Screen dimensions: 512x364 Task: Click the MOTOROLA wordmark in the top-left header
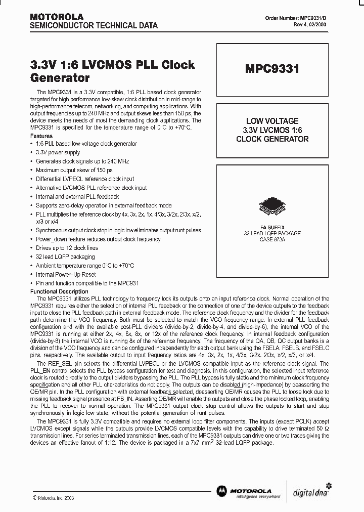(x=57, y=17)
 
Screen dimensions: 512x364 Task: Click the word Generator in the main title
(x=60, y=78)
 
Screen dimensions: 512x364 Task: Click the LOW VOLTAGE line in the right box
(x=272, y=121)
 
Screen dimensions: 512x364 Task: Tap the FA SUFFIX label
(x=271, y=227)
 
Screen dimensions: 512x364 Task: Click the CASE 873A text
(x=271, y=239)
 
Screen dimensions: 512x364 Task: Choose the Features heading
(x=41, y=136)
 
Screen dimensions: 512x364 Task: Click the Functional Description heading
(x=59, y=291)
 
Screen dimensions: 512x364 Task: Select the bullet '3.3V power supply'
(x=58, y=152)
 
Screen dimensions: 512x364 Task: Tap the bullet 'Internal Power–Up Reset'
(x=66, y=274)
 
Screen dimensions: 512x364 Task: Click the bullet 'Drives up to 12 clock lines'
(x=67, y=248)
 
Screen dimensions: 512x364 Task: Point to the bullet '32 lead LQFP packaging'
(x=65, y=257)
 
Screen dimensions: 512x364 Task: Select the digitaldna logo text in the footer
(x=311, y=490)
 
